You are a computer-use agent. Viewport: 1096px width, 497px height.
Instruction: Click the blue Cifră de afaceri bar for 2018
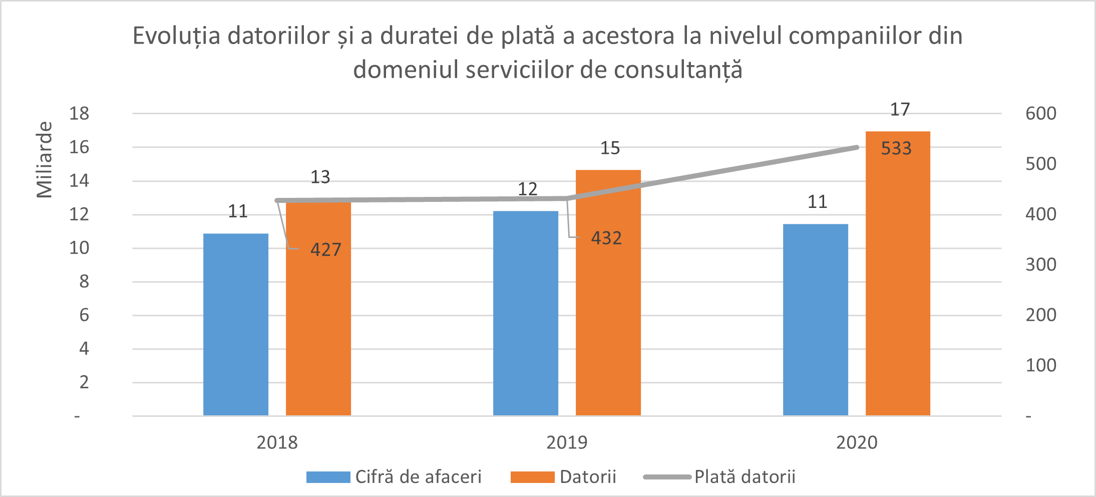pyautogui.click(x=235, y=325)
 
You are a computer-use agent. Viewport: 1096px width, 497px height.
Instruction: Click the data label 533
pyautogui.click(x=896, y=148)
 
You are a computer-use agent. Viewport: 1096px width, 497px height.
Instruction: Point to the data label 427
pyautogui.click(x=325, y=250)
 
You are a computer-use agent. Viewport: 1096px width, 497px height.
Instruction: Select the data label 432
pyautogui.click(x=606, y=237)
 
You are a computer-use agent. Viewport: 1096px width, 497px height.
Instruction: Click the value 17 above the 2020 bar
pyautogui.click(x=899, y=109)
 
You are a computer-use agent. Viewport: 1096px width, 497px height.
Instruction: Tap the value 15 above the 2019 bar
pyautogui.click(x=610, y=148)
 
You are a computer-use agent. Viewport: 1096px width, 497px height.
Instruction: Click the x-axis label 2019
pyautogui.click(x=566, y=442)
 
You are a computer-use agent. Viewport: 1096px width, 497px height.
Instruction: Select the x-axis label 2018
pyautogui.click(x=277, y=442)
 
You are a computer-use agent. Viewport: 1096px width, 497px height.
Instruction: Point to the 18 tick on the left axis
pyautogui.click(x=79, y=113)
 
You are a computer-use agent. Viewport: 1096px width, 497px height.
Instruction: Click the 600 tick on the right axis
pyautogui.click(x=1040, y=113)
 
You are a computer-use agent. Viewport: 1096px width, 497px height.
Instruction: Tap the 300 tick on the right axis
pyautogui.click(x=1040, y=264)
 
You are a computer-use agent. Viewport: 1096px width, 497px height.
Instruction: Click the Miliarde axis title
pyautogui.click(x=44, y=159)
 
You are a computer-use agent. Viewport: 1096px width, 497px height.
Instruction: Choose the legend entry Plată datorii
pyautogui.click(x=744, y=476)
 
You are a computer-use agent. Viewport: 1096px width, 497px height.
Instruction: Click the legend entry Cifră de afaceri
pyautogui.click(x=418, y=476)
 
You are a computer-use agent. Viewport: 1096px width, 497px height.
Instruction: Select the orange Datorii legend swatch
pyautogui.click(x=532, y=477)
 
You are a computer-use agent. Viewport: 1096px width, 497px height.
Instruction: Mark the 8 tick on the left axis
pyautogui.click(x=84, y=281)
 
